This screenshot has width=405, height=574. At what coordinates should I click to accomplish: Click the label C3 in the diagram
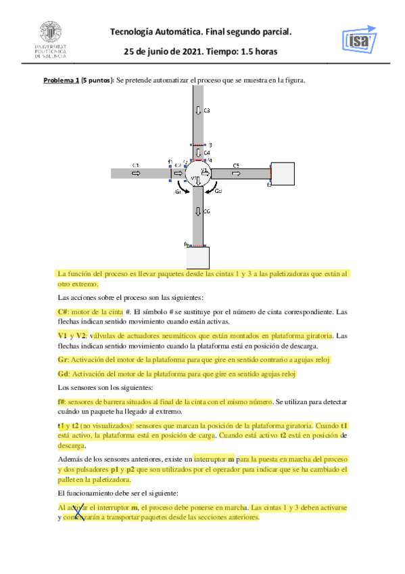point(207,110)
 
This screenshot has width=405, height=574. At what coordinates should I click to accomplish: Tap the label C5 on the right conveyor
point(236,165)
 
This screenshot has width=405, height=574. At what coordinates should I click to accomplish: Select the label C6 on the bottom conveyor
point(207,211)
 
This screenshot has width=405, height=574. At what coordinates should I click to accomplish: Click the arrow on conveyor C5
point(236,174)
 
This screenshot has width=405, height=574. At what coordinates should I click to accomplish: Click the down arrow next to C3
point(197,110)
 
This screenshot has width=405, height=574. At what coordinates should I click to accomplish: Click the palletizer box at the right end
point(282,173)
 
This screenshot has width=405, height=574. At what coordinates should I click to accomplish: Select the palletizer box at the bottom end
point(197,258)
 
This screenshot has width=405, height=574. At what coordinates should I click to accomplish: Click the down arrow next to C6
point(197,212)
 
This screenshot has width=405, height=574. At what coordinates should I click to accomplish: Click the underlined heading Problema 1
point(62,81)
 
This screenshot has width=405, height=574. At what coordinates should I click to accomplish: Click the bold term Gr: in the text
point(64,359)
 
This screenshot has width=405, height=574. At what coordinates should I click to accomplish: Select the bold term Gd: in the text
point(64,374)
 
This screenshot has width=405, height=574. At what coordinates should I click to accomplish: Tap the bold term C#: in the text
point(64,312)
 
